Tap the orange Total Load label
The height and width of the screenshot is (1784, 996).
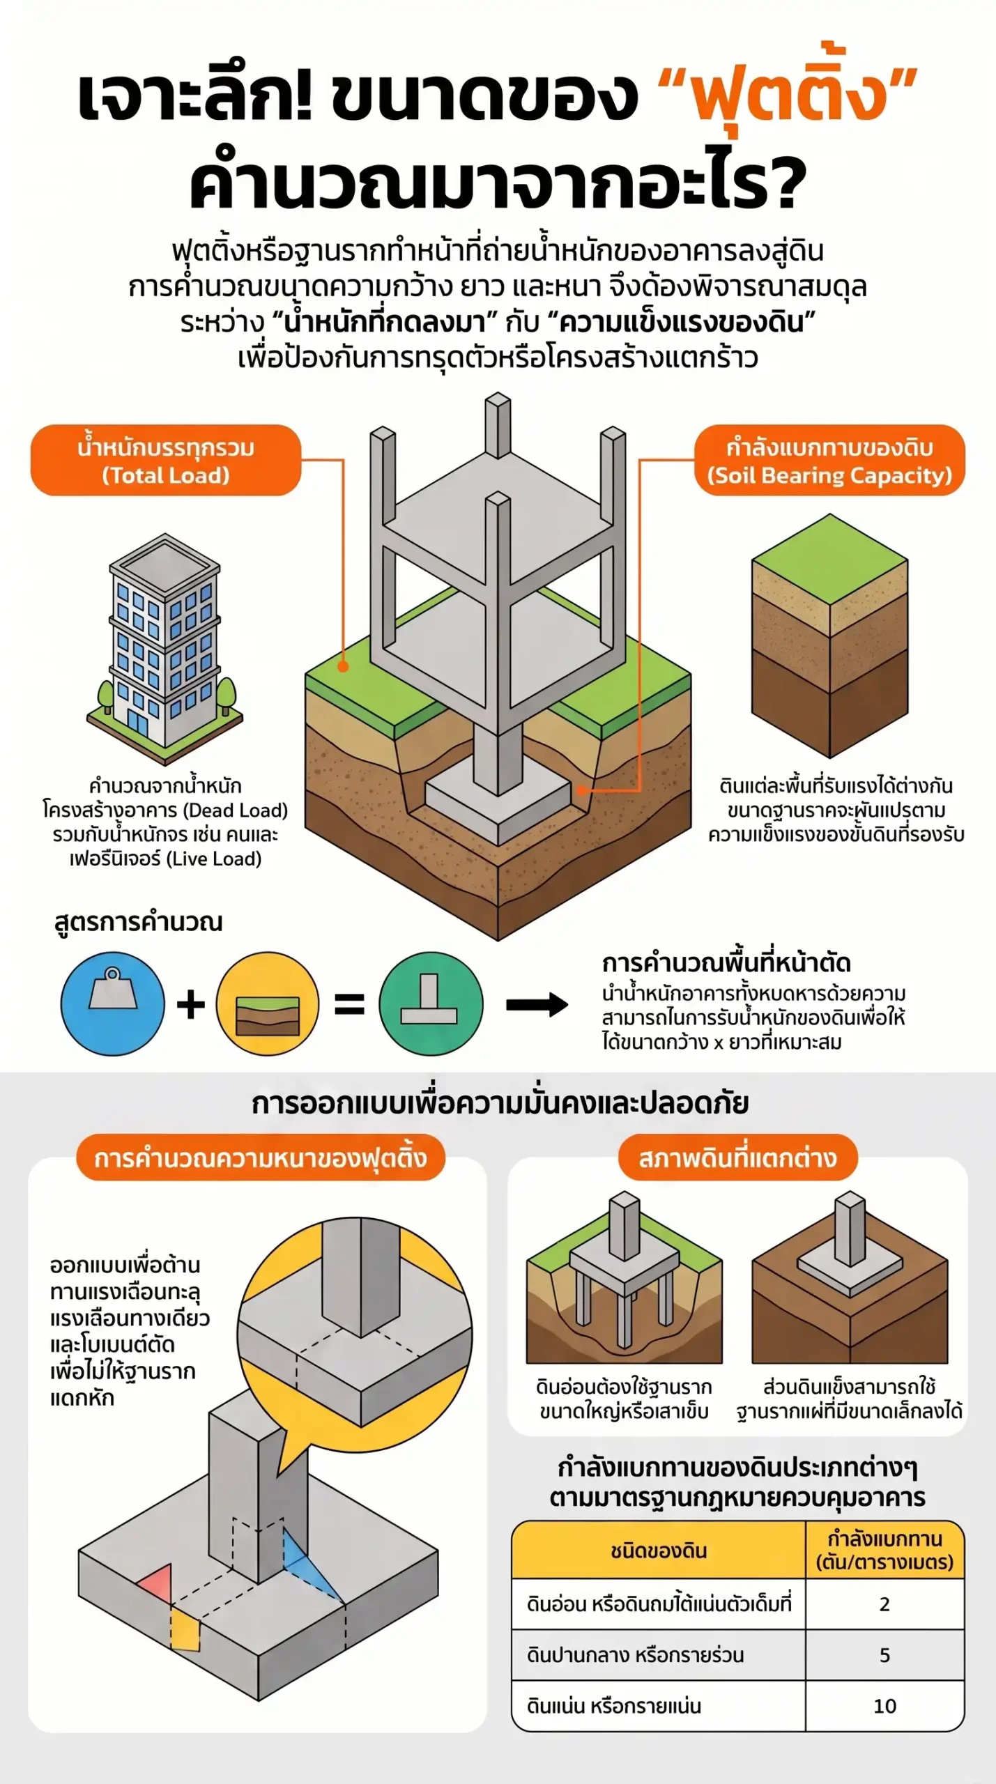point(166,460)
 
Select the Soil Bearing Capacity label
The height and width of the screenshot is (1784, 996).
point(829,460)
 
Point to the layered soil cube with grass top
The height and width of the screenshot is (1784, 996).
point(829,635)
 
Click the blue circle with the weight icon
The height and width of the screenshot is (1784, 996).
point(113,1003)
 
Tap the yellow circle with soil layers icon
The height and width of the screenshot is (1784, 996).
point(268,1003)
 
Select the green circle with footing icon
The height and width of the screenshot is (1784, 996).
point(431,1003)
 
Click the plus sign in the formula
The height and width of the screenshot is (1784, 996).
point(190,1004)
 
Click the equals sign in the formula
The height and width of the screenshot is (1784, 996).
point(349,1004)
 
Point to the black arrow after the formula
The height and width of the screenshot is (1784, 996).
point(537,1004)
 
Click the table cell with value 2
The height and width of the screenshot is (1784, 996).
point(884,1604)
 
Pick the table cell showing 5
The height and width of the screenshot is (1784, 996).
point(884,1654)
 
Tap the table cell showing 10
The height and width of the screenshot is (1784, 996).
point(884,1705)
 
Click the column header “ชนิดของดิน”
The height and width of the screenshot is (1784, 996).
point(659,1551)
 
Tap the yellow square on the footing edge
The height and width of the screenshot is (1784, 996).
point(185,1630)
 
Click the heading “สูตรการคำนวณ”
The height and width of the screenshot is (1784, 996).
point(139,921)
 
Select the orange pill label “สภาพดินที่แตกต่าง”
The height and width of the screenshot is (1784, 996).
point(737,1158)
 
